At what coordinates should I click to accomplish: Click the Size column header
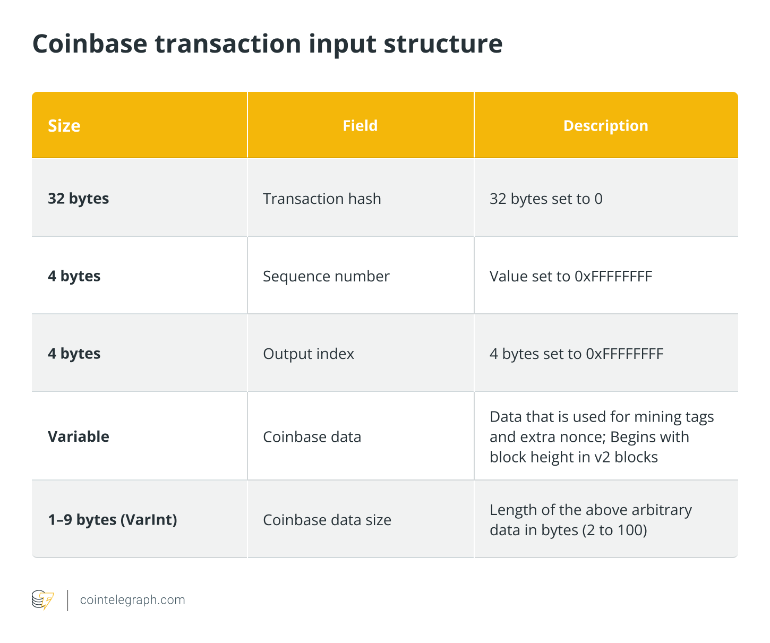click(x=64, y=126)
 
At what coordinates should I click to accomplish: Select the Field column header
click(x=360, y=126)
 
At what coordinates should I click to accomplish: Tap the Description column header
click(x=605, y=126)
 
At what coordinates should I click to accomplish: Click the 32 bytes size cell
click(x=78, y=199)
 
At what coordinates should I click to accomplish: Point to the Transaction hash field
click(x=322, y=199)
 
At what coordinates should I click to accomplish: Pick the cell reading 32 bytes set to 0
click(x=546, y=199)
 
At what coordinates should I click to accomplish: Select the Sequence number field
click(x=326, y=276)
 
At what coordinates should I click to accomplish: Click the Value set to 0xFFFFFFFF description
click(x=570, y=276)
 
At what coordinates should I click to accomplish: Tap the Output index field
click(x=309, y=354)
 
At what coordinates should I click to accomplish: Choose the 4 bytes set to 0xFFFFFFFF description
click(x=576, y=354)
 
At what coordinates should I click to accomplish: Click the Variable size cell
click(x=78, y=436)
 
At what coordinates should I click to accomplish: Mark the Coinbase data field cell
click(x=312, y=436)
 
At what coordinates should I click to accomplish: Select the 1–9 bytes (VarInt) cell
click(x=112, y=519)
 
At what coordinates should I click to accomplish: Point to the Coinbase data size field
click(x=327, y=520)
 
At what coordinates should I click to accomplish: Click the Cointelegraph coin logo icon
click(x=43, y=600)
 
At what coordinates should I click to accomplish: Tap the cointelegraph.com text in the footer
click(x=132, y=600)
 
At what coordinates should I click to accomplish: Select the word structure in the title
click(x=443, y=44)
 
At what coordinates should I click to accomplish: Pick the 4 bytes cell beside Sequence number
click(x=74, y=276)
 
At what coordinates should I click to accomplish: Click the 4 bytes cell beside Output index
click(x=74, y=354)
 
